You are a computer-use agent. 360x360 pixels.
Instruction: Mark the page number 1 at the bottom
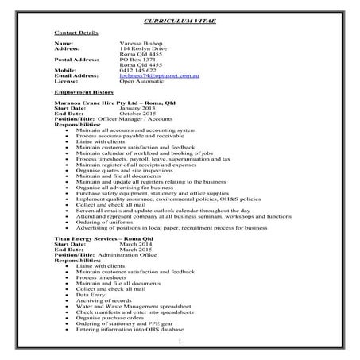(180, 343)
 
